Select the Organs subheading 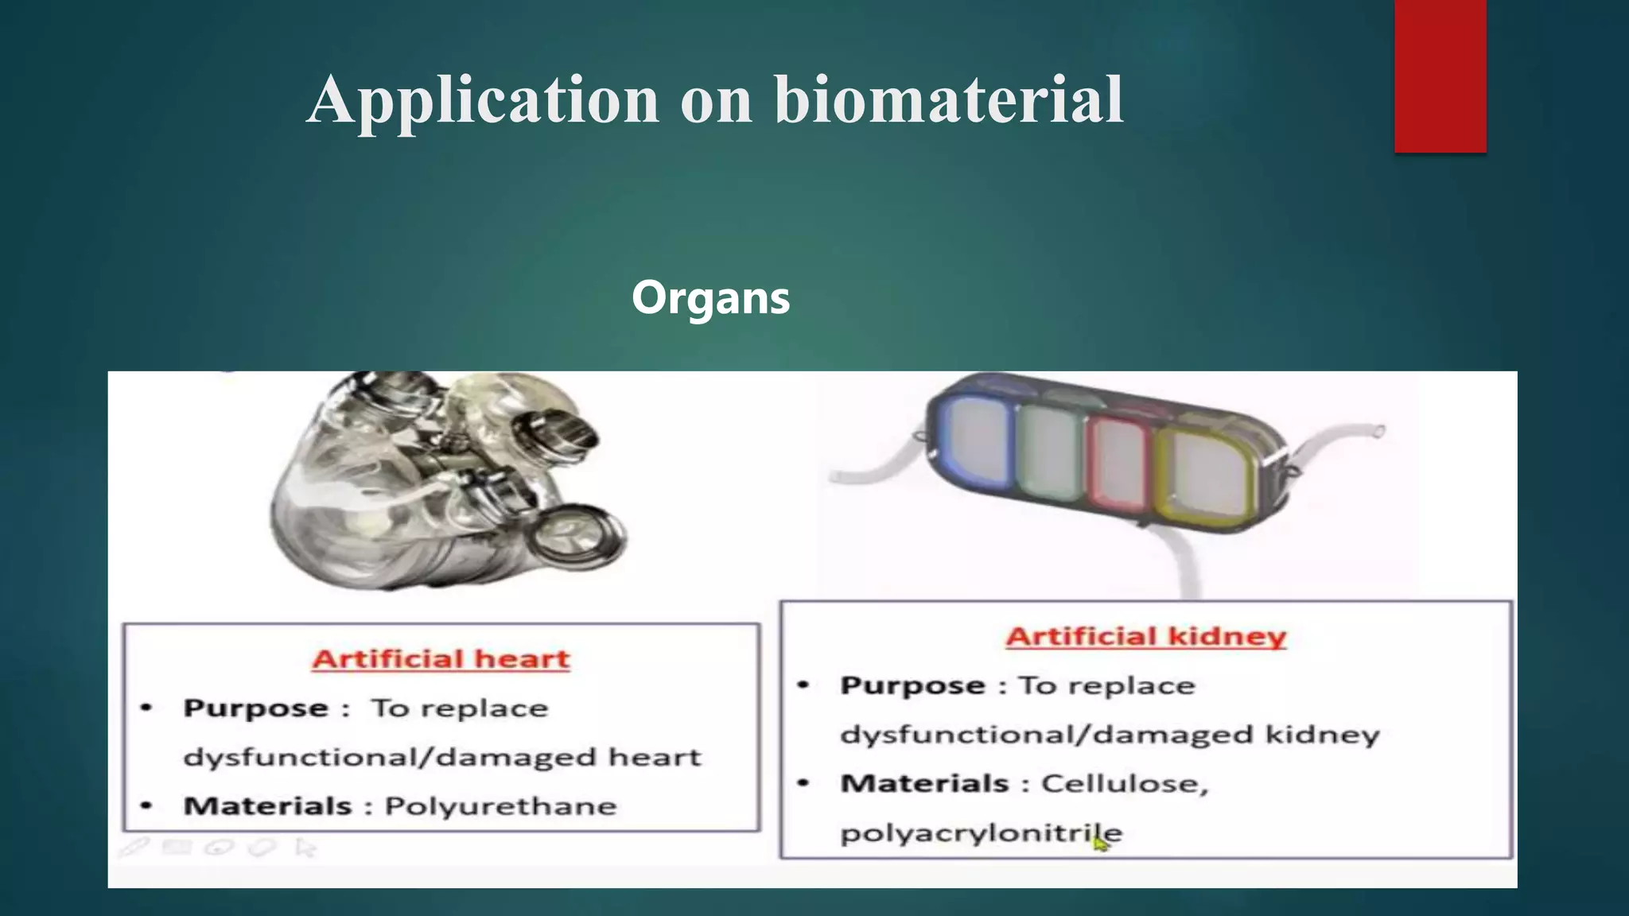(710, 297)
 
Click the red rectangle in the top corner (1440, 76)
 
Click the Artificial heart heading (441, 659)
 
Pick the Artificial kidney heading (1145, 637)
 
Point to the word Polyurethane (501, 806)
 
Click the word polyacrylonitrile (981, 833)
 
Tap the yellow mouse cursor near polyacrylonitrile (1100, 843)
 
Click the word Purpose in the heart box (255, 708)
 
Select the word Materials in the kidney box (924, 784)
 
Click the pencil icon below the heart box (134, 848)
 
